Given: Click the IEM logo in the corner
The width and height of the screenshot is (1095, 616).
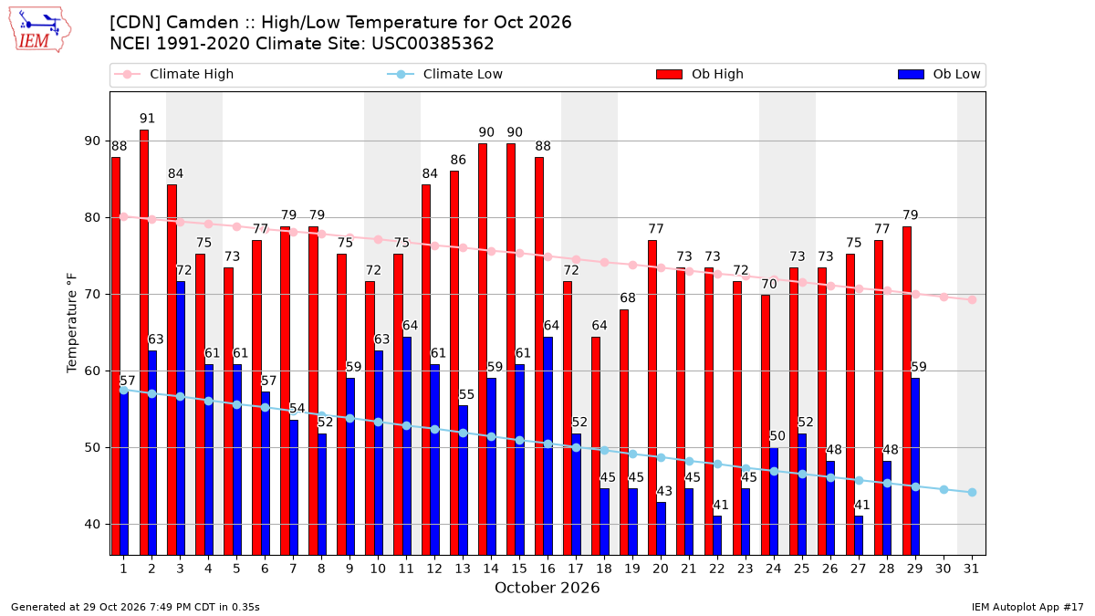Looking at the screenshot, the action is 40,30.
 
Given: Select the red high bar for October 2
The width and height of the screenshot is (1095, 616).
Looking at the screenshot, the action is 144,342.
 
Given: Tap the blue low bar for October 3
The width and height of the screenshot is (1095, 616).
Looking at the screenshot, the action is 181,418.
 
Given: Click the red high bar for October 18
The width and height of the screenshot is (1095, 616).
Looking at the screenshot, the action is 596,446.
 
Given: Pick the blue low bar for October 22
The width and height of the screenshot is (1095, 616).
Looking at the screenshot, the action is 717,536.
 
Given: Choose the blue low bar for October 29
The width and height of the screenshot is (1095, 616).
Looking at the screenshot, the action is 915,466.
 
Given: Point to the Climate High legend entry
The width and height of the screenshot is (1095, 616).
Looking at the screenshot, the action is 173,74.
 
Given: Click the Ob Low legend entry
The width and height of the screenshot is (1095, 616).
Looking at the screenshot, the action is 939,74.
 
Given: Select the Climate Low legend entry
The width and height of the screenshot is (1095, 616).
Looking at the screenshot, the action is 444,74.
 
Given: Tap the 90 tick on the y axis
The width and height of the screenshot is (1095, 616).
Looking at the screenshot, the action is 92,141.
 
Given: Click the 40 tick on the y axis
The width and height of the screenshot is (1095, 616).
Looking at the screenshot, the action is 92,524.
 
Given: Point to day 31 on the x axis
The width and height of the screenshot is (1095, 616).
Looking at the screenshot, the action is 971,569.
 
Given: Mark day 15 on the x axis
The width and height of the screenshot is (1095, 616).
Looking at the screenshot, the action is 519,569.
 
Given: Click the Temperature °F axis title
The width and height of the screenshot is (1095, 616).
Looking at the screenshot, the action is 72,323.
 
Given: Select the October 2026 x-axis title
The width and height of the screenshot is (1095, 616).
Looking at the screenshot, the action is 547,588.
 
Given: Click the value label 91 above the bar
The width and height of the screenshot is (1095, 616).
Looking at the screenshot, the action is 147,119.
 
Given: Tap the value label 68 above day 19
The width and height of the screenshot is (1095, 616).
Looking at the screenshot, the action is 628,298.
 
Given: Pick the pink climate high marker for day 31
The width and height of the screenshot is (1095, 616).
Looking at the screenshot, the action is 972,299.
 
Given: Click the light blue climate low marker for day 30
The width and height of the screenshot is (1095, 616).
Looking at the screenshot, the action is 944,489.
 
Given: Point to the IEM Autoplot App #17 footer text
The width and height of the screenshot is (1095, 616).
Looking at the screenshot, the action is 1027,607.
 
